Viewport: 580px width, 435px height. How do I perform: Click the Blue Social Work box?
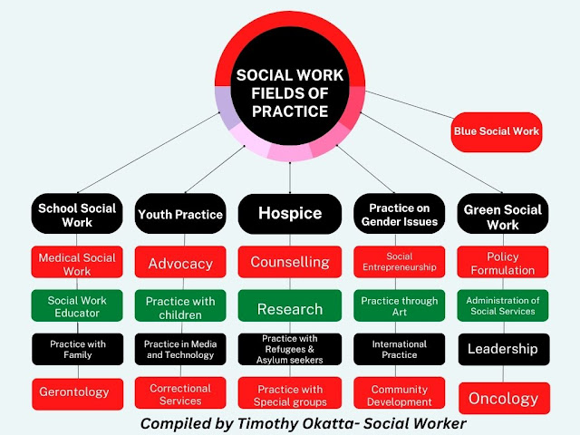496,131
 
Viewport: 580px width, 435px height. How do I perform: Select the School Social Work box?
77,215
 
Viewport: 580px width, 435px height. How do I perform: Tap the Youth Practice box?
180,215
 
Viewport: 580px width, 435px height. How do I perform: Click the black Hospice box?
290,214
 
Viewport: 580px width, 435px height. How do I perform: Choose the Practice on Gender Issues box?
399,215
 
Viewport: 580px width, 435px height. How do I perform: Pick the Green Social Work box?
503,215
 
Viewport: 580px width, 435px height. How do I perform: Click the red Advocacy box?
180,264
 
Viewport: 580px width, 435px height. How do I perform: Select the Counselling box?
290,263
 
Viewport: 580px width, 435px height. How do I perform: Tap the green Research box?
290,309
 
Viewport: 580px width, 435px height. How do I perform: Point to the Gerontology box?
74,392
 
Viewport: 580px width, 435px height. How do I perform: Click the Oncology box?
503,398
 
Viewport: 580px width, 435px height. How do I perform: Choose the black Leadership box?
503,349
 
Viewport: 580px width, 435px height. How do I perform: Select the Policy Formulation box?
503,263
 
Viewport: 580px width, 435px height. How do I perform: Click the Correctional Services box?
180,394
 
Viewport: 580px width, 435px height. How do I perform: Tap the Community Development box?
399,395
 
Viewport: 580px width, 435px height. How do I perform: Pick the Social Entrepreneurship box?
399,262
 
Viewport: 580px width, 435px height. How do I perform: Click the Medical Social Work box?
77,264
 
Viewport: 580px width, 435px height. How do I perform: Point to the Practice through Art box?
399,306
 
